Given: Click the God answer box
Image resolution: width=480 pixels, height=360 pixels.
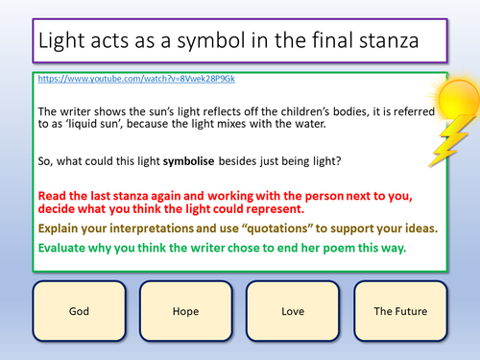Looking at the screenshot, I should pyautogui.click(x=79, y=311).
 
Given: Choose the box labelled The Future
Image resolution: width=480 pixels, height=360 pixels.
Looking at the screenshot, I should pyautogui.click(x=401, y=311).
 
